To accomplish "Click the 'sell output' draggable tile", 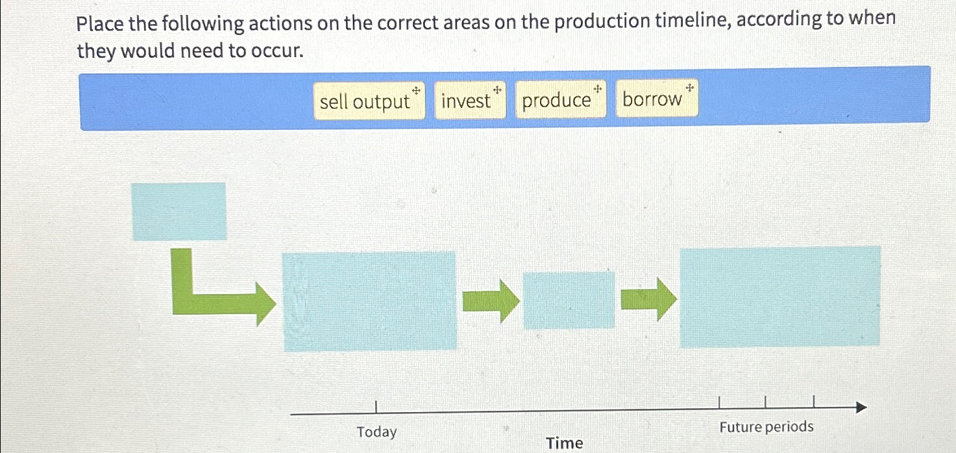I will (x=369, y=101).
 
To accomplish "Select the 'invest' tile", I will (x=469, y=100).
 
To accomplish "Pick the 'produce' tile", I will (x=560, y=100).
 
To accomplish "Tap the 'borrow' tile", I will (x=656, y=99).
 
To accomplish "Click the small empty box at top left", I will (x=179, y=212).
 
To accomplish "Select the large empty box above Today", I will (x=370, y=301).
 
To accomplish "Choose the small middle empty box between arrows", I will (x=569, y=300).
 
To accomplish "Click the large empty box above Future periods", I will (x=779, y=297).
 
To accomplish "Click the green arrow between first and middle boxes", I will (x=491, y=301).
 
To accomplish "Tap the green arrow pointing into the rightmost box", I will (x=648, y=299).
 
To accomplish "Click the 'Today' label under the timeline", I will (x=376, y=432).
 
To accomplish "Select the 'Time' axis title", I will (x=564, y=443).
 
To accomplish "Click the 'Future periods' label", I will (x=766, y=427).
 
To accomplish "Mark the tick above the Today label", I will (x=376, y=406).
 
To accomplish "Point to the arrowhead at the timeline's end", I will (x=861, y=408).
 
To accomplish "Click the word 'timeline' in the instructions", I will (x=661, y=21).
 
